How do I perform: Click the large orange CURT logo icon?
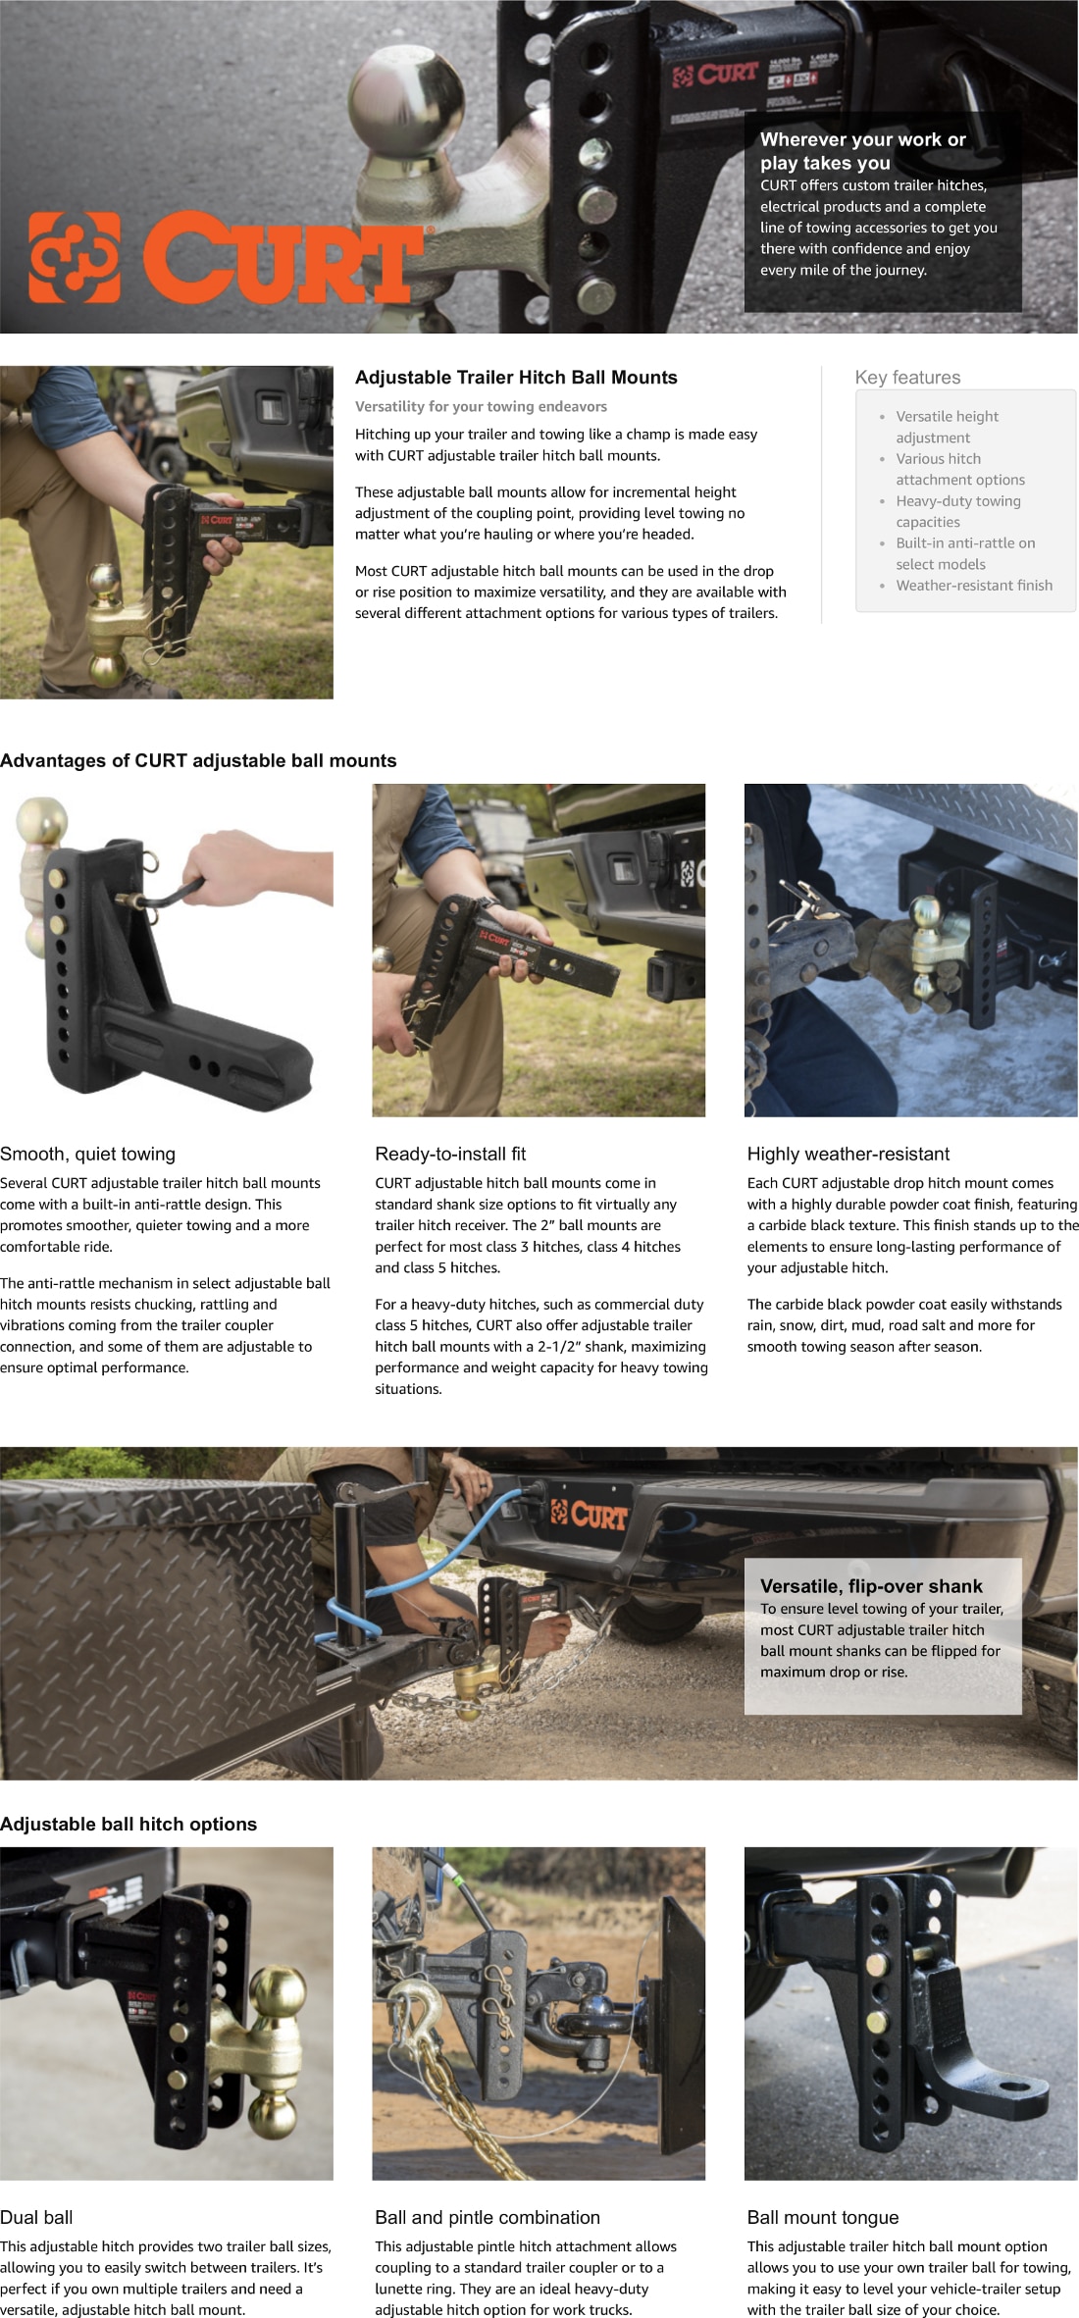point(75,257)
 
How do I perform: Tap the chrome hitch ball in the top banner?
point(402,103)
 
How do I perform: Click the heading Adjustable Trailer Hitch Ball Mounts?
point(516,378)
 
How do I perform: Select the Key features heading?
point(907,378)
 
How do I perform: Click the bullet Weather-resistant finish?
point(973,586)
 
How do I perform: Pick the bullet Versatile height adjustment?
point(946,427)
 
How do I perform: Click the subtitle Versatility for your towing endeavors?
point(481,406)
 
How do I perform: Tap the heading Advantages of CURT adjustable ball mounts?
point(198,761)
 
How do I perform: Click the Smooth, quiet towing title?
point(88,1155)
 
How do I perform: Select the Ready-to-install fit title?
point(450,1155)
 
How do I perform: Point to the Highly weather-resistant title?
point(848,1155)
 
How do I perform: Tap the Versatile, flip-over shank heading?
point(871,1586)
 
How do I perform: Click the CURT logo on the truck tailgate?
point(589,1516)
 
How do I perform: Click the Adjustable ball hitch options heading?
point(128,1825)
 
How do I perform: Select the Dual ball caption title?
point(36,2218)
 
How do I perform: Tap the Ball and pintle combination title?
point(488,2218)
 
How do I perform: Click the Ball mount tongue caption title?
point(822,2218)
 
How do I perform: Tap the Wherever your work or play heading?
point(863,151)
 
